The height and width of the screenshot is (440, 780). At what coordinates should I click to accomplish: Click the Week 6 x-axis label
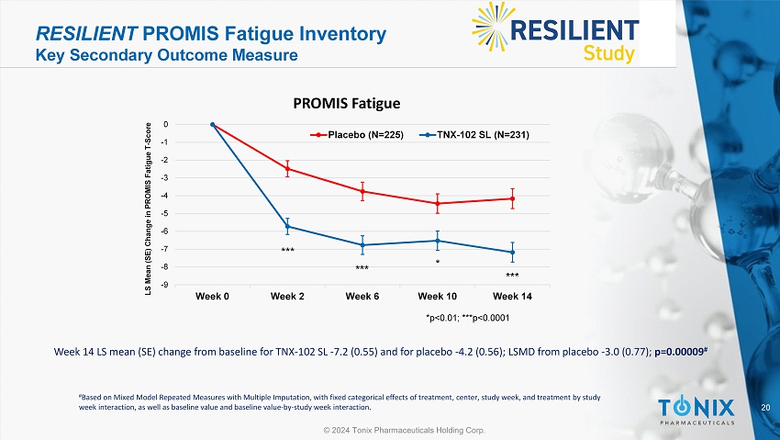click(362, 297)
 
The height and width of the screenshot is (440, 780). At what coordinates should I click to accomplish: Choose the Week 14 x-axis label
click(512, 297)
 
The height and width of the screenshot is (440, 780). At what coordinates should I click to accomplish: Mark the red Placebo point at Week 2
click(287, 168)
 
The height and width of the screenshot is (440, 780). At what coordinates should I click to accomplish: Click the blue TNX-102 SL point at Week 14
click(512, 253)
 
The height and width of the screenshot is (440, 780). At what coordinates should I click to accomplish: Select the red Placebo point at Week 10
click(437, 203)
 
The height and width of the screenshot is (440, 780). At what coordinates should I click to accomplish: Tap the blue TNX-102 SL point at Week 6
click(362, 245)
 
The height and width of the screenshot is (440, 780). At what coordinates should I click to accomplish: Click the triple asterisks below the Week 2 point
click(287, 250)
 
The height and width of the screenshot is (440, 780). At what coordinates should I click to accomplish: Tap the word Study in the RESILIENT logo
click(608, 53)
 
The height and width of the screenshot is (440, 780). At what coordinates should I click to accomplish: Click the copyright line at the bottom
click(390, 430)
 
